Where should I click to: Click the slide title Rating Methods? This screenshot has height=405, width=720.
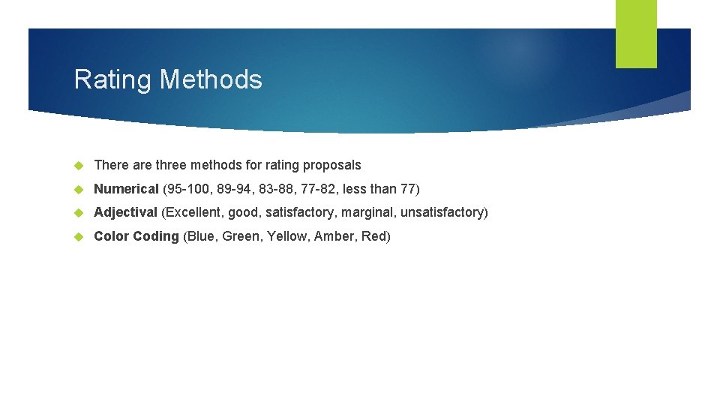168,79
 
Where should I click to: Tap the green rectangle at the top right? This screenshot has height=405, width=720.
636,34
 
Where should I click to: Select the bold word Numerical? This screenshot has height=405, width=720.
126,189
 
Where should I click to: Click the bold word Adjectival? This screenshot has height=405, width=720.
125,212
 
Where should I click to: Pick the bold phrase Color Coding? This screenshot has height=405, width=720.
136,236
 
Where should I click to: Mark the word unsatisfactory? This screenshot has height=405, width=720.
442,212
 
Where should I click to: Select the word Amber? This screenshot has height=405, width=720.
334,236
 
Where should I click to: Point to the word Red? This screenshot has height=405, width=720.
375,236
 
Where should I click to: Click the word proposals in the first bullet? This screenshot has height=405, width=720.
331,165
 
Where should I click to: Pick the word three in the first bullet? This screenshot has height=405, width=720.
172,165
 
